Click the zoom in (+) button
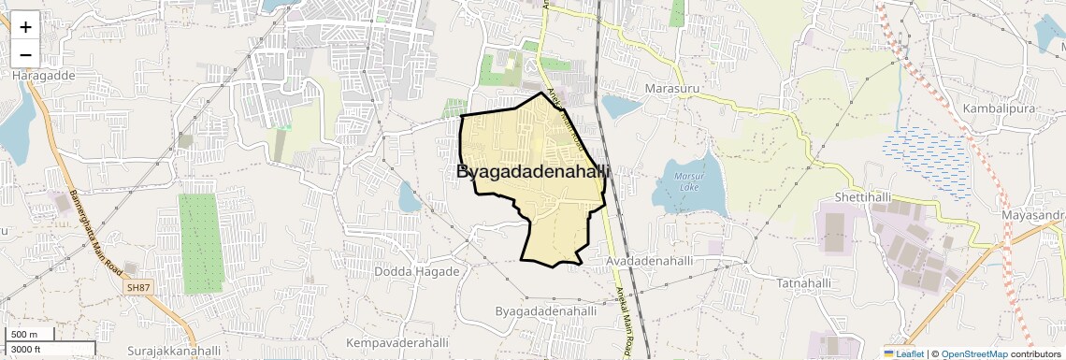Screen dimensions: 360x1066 pos(25,26)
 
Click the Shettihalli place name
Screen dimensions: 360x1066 pos(855,198)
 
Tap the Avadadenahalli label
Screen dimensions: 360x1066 pos(649,261)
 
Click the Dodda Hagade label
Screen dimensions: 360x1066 pos(417,271)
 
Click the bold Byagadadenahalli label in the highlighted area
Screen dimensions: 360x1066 pos(533,172)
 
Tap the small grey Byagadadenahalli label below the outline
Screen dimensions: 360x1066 pos(546,310)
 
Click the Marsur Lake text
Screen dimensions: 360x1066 pos(689,181)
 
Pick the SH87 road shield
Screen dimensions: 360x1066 pos(137,287)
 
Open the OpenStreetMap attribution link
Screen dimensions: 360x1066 pos(973,353)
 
